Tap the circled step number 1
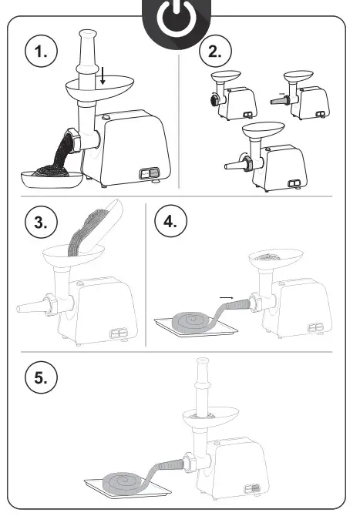tap(41, 52)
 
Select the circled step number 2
tap(215, 51)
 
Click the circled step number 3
tap(41, 222)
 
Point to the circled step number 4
tap(171, 221)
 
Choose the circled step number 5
tap(41, 377)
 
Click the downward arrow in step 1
tap(103, 75)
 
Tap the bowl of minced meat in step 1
tap(52, 178)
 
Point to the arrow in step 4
tap(227, 298)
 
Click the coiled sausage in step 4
tap(194, 320)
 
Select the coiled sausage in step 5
tap(125, 483)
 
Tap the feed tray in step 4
tap(276, 257)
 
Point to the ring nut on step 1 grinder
tap(74, 140)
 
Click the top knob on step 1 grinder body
tap(106, 117)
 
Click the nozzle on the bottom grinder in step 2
tap(235, 165)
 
